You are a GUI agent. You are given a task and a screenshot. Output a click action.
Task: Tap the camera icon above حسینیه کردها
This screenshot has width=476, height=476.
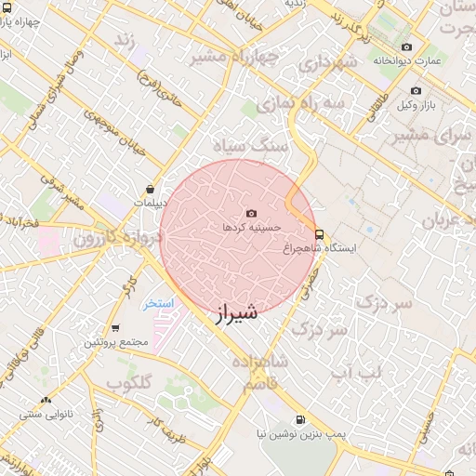(250, 214)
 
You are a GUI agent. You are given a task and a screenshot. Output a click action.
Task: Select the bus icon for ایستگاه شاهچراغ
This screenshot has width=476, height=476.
(320, 234)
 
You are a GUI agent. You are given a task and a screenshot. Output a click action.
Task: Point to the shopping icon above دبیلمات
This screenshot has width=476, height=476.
(151, 189)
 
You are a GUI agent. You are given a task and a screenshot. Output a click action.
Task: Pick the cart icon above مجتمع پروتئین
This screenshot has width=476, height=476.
(114, 328)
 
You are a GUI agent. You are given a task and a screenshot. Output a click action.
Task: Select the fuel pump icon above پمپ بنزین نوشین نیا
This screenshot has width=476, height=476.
(299, 419)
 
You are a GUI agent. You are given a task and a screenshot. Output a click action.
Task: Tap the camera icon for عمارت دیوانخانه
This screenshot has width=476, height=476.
(406, 47)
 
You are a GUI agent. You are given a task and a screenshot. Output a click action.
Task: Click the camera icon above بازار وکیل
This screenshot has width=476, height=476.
(416, 91)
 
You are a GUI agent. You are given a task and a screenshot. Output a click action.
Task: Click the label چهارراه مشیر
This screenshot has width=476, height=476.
(234, 57)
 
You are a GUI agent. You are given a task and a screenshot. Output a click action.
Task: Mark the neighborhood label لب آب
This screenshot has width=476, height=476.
(358, 373)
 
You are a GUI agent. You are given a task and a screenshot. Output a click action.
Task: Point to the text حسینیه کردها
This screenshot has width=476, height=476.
(246, 227)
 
